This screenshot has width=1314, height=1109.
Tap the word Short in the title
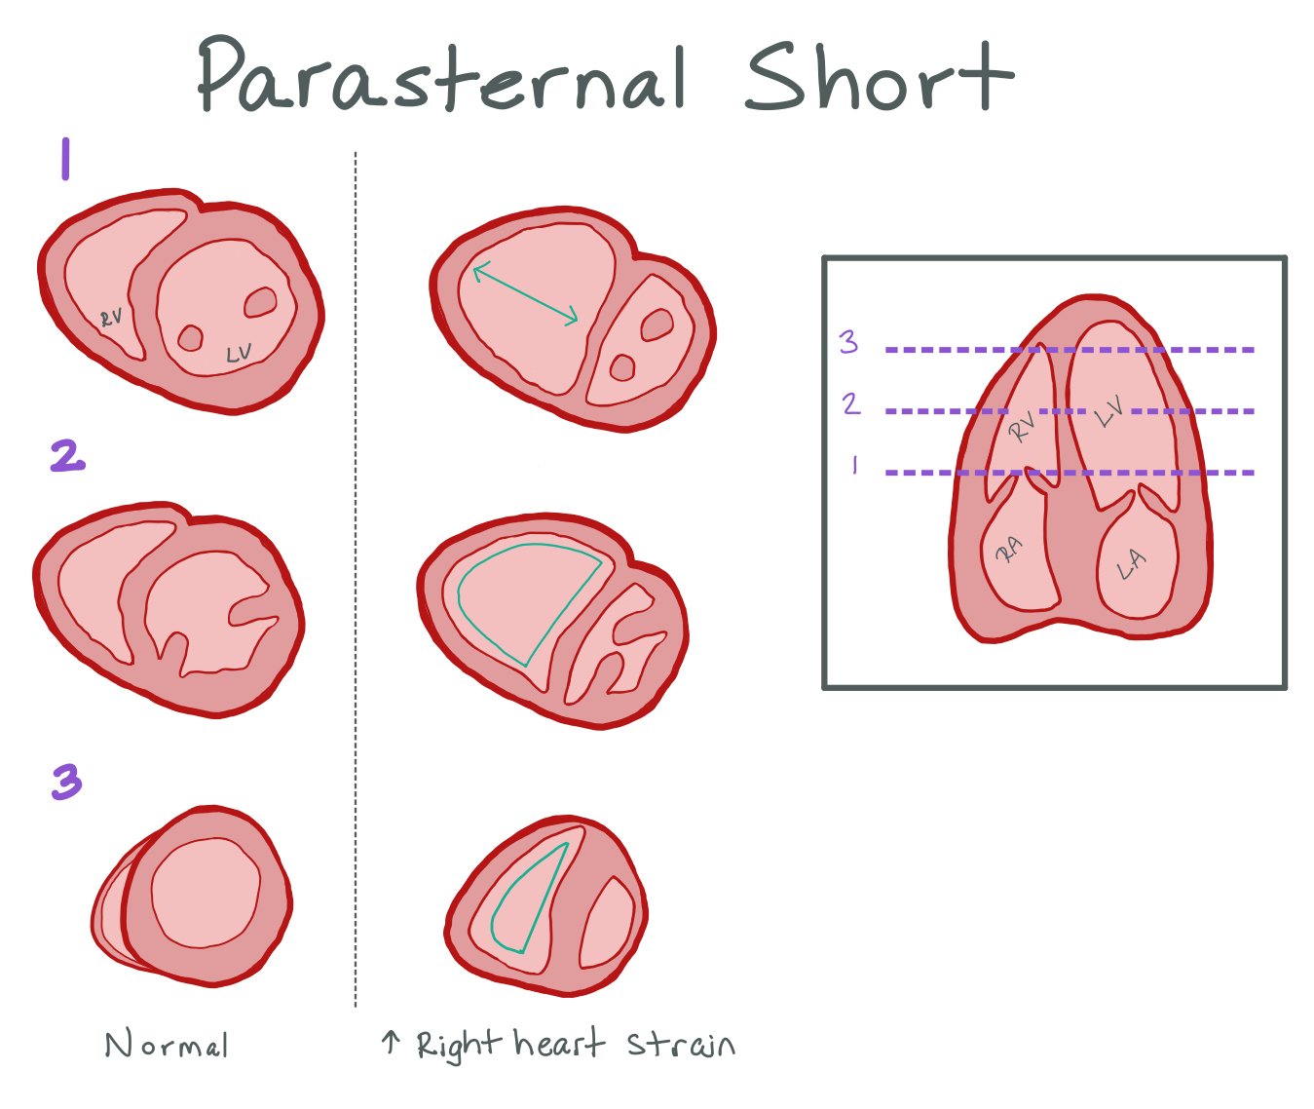[x=877, y=76]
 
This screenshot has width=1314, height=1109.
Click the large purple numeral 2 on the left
[x=67, y=456]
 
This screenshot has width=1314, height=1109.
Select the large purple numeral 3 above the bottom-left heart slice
[x=66, y=782]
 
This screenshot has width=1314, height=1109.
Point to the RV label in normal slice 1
[x=111, y=318]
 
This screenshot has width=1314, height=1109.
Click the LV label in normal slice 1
[x=239, y=354]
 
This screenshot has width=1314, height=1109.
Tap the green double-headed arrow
[x=525, y=294]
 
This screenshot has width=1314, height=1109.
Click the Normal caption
[x=167, y=1046]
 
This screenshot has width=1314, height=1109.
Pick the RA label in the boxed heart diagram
[x=1009, y=551]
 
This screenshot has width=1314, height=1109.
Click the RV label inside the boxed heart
[x=1021, y=427]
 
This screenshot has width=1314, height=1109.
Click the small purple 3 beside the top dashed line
[x=848, y=342]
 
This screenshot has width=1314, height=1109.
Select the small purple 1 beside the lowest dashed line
[x=854, y=466]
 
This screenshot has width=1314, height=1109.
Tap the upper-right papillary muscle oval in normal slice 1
[x=260, y=302]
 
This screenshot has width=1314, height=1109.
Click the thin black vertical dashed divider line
[x=356, y=585]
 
